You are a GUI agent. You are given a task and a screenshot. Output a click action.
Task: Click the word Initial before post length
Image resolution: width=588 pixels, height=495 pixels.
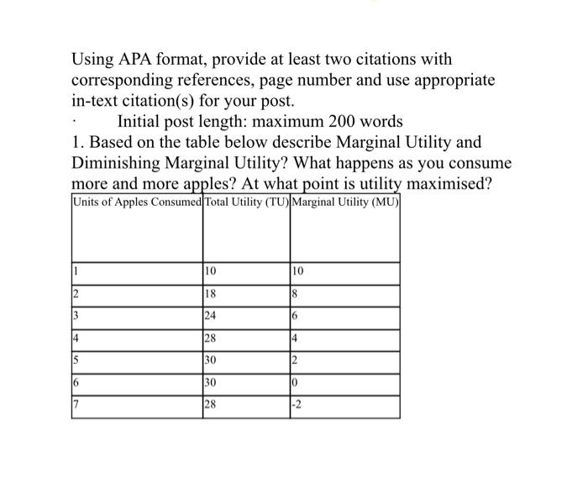[144, 121]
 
